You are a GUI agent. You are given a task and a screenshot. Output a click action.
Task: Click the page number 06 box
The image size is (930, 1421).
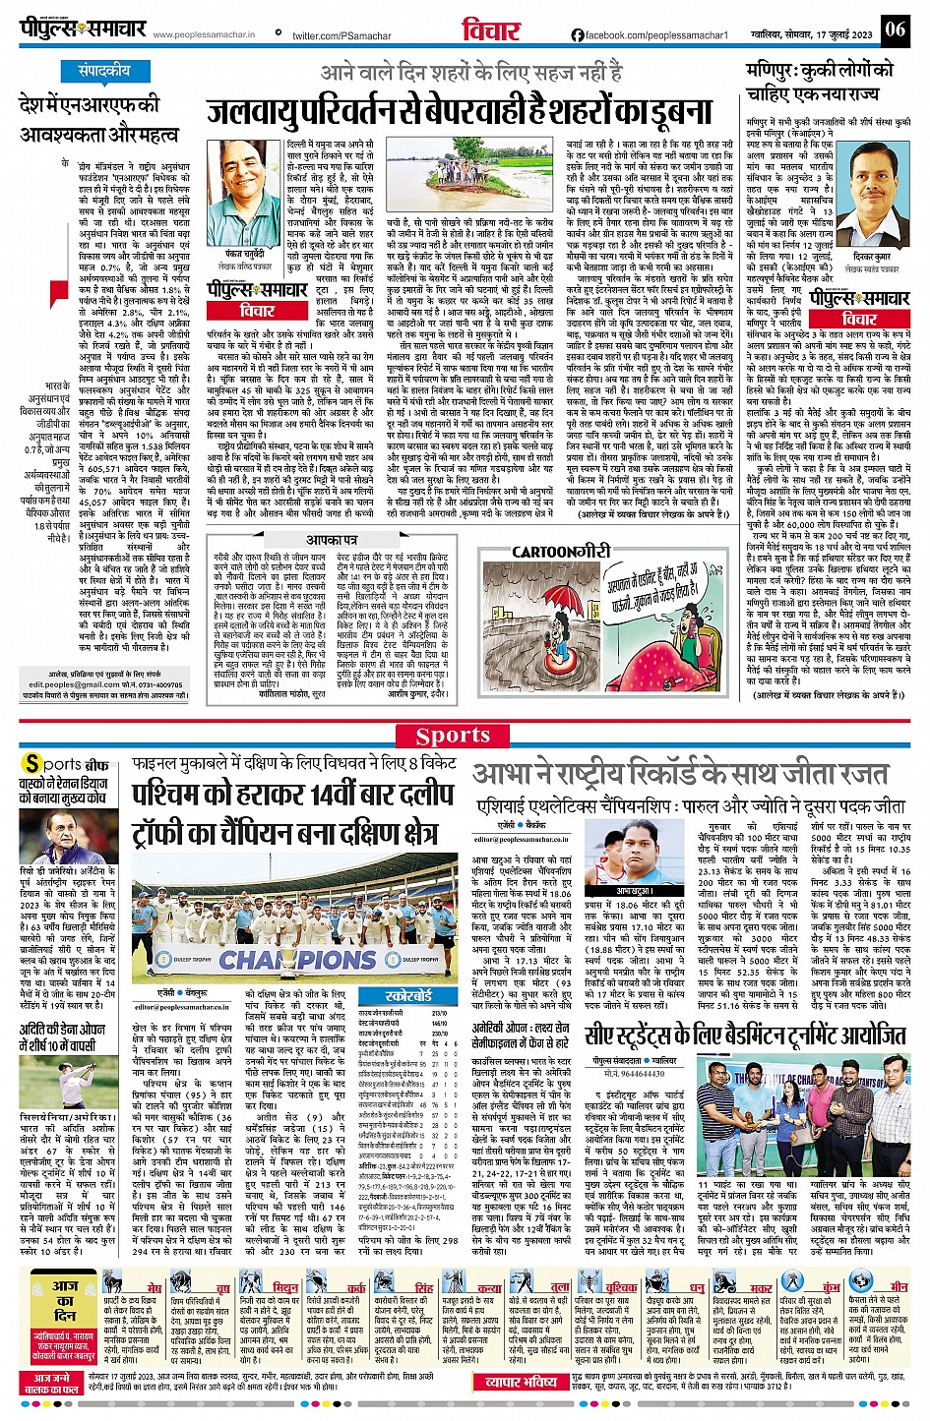pos(895,30)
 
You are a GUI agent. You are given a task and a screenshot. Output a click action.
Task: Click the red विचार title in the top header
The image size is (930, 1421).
pos(490,30)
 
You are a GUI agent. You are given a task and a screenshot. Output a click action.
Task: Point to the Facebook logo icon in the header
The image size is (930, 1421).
pos(578,35)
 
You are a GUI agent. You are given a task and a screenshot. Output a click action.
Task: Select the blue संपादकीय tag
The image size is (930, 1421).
pos(104,71)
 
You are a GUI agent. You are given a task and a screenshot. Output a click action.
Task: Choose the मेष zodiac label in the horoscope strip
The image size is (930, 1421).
pos(155,1286)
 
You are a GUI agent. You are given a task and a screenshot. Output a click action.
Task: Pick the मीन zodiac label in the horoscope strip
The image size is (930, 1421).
pos(899,1286)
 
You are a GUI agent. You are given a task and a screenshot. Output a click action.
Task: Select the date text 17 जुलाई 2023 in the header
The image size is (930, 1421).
pos(847,35)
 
